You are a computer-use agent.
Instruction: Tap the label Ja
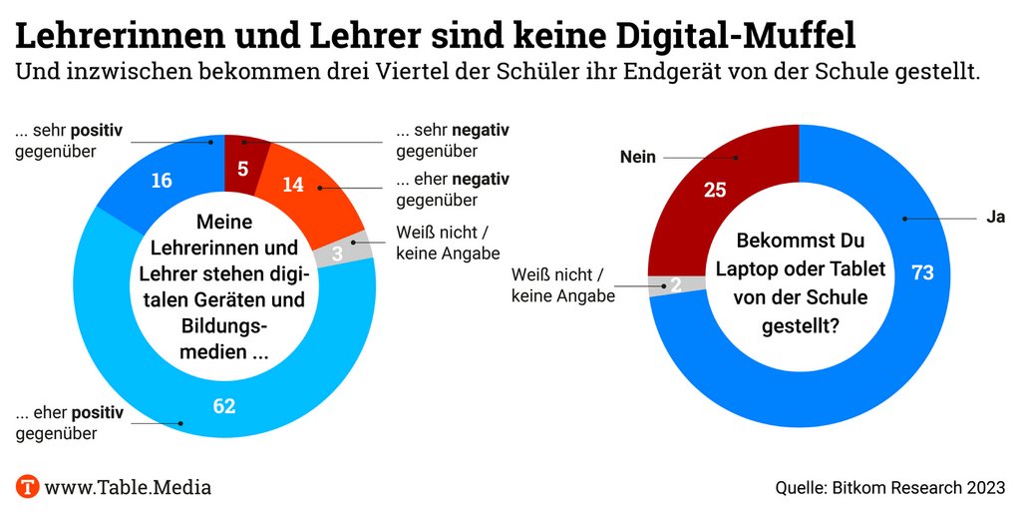click(x=994, y=218)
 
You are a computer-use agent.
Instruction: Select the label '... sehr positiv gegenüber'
click(x=70, y=141)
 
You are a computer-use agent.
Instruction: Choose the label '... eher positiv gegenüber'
click(x=70, y=422)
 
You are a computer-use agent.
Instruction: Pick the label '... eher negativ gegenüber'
click(x=452, y=190)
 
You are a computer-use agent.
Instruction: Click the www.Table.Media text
click(x=128, y=487)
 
